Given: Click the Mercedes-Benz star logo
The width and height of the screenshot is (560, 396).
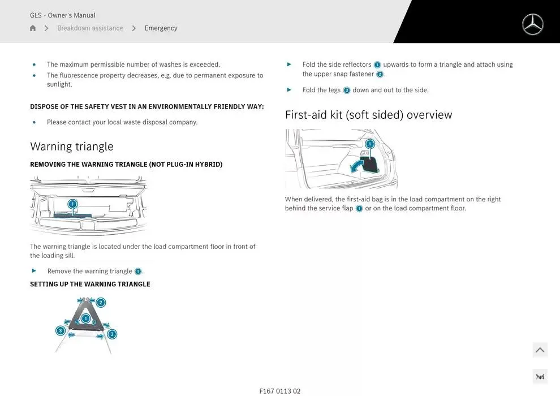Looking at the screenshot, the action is tap(532, 24).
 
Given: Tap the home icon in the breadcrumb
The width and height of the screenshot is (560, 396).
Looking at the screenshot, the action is tap(33, 28).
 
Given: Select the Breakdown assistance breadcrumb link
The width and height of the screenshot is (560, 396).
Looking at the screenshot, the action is tap(90, 28).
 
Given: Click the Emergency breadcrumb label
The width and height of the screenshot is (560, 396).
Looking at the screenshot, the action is tap(161, 28).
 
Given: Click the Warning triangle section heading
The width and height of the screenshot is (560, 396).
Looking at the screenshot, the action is tap(72, 147).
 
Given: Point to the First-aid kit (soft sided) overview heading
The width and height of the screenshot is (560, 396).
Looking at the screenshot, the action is tap(369, 115).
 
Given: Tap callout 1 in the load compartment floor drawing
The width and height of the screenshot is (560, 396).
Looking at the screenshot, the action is tap(72, 204).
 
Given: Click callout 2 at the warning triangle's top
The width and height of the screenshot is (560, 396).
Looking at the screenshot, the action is tap(101, 303).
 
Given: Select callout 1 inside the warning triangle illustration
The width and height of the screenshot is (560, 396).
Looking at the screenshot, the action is tap(86, 318).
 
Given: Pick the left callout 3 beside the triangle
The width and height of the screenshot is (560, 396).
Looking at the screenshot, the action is tap(61, 330).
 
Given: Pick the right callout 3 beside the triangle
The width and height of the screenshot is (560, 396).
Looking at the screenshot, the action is tap(112, 334).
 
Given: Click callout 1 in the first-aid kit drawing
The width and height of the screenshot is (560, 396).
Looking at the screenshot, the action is tap(370, 144).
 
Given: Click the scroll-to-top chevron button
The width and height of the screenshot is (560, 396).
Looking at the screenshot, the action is tap(540, 350).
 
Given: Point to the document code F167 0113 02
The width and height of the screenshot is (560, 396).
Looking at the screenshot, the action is tap(280, 391).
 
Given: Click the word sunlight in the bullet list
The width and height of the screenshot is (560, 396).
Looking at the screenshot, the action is tap(59, 84).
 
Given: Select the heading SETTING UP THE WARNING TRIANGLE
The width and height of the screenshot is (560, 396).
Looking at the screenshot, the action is tap(90, 284).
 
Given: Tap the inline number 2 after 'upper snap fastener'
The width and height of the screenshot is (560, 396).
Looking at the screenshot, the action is tap(380, 74).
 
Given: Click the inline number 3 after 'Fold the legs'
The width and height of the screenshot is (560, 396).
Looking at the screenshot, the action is tap(346, 91).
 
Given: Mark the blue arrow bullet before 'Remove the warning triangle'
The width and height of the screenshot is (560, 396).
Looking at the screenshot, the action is tap(34, 270).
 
